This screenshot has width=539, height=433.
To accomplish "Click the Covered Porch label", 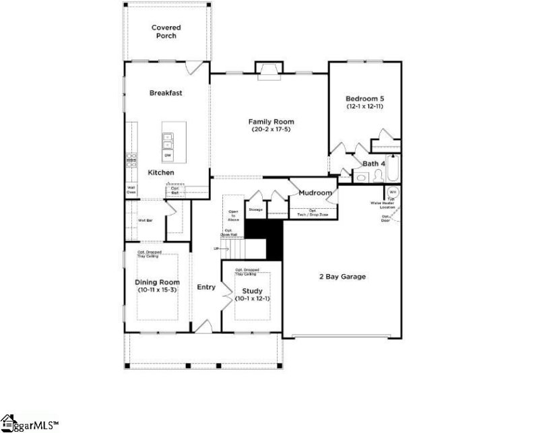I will (166, 32).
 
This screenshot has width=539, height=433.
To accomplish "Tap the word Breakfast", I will (166, 92).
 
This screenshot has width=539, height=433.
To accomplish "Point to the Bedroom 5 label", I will (365, 98).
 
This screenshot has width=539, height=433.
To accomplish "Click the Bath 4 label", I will (374, 164).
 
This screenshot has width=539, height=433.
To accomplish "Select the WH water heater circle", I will (393, 192).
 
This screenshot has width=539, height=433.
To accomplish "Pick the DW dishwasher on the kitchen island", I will (167, 156).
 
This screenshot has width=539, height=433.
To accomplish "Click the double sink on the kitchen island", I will (167, 141).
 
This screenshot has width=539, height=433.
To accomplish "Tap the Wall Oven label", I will (131, 190).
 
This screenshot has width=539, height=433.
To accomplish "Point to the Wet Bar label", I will (146, 220).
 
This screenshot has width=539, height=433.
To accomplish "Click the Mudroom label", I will (315, 193).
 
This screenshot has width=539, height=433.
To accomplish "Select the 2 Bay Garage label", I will (342, 276).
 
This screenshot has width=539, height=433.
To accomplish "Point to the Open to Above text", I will (233, 215).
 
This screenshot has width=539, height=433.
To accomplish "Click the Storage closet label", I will (255, 210).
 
